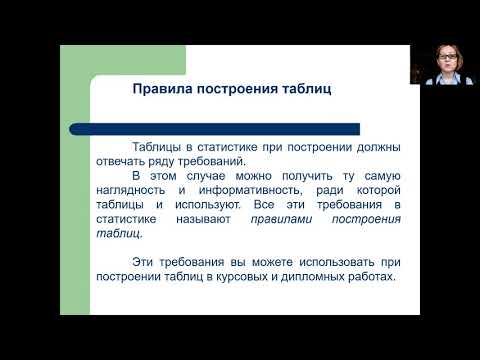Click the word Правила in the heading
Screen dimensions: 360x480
pyautogui.click(x=159, y=88)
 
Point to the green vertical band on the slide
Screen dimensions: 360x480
pyautogui.click(x=75, y=180)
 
